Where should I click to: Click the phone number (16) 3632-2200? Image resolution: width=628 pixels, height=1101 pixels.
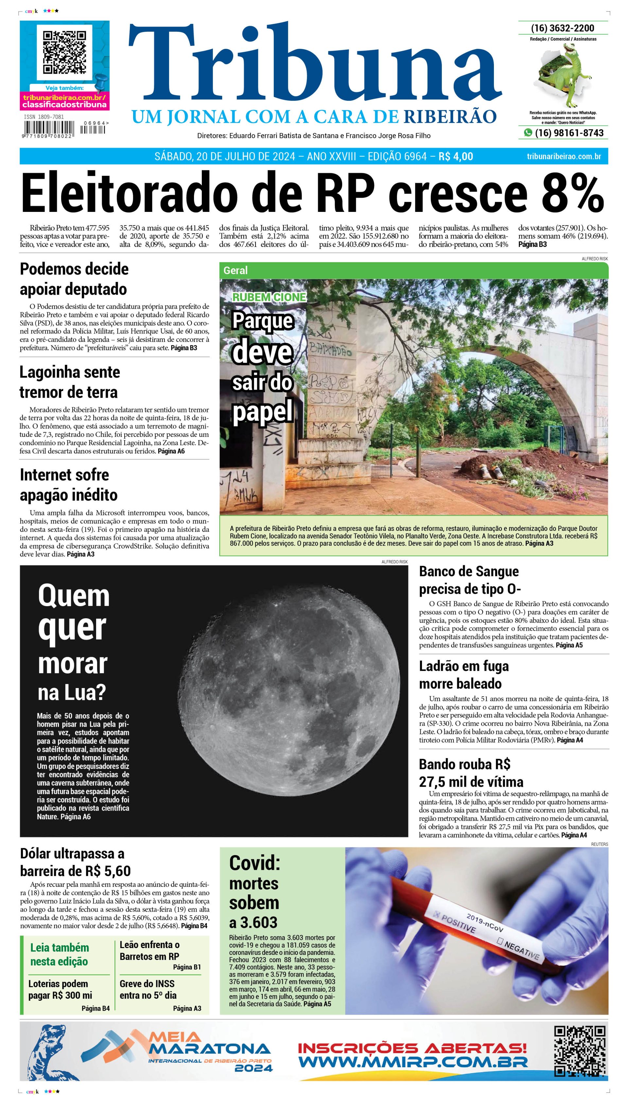[563, 28]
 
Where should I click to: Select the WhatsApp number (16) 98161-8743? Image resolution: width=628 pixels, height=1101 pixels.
[568, 133]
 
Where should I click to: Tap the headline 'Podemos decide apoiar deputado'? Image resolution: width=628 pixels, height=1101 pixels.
[74, 278]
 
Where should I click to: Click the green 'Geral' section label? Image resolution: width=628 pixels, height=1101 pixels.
[235, 271]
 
